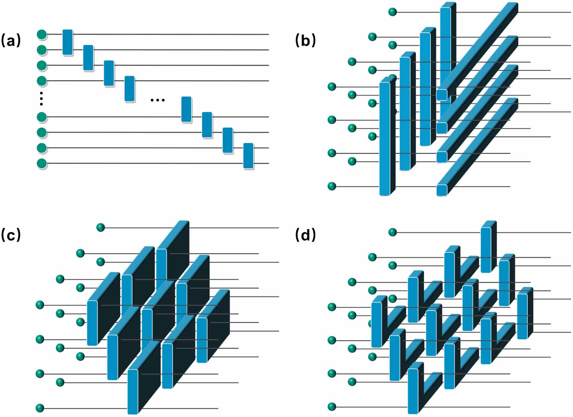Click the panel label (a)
click(x=11, y=41)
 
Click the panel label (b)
click(x=305, y=41)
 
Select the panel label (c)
click(x=11, y=235)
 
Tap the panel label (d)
click(x=305, y=235)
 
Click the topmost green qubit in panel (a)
click(x=42, y=34)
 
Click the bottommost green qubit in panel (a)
click(x=42, y=164)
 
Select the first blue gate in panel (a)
click(x=67, y=42)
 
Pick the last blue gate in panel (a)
click(x=248, y=156)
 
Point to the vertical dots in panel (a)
click(x=42, y=99)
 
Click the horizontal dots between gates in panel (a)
click(x=157, y=100)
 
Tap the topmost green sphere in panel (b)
click(x=393, y=12)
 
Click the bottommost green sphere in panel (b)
click(x=332, y=186)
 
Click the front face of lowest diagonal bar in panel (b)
click(x=442, y=190)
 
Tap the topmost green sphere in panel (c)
click(x=101, y=227)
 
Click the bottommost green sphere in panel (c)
click(x=40, y=408)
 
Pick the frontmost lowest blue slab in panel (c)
click(x=133, y=391)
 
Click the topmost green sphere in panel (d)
click(x=393, y=232)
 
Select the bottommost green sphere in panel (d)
click(x=332, y=406)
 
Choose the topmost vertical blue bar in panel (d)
click(x=486, y=249)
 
